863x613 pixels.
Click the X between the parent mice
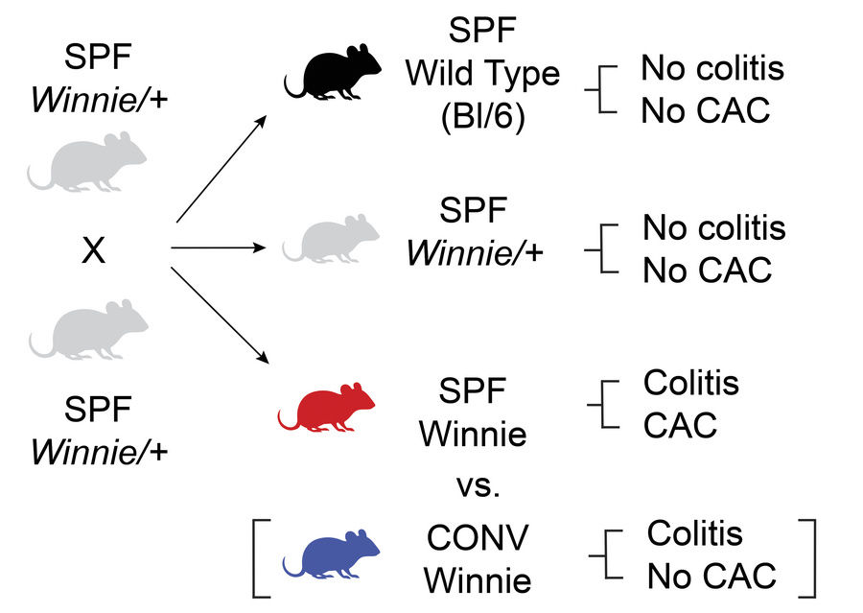pyautogui.click(x=92, y=251)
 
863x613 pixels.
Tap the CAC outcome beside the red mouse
pyautogui.click(x=680, y=425)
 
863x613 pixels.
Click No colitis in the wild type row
pyautogui.click(x=712, y=68)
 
